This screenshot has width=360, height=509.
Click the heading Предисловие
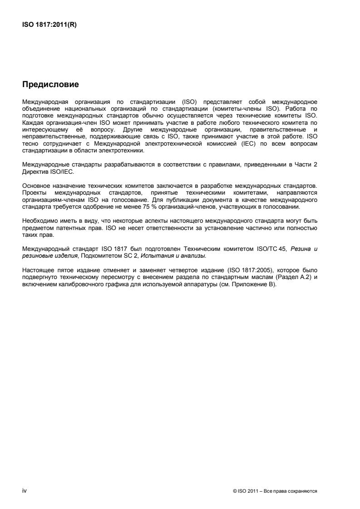50,84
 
